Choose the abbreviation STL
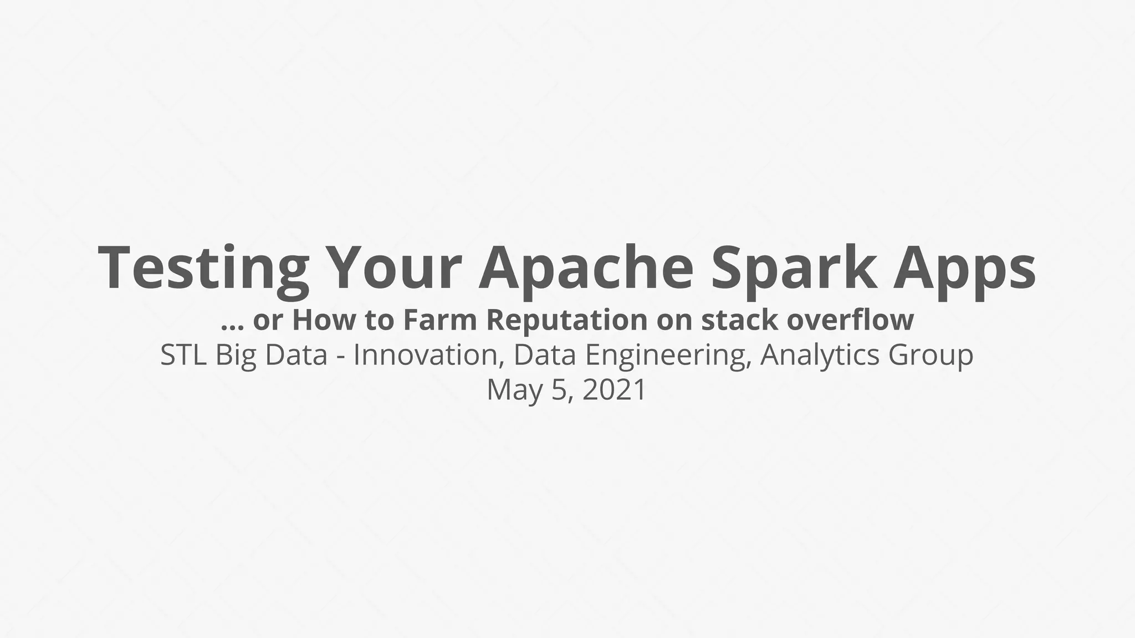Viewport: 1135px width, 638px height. pos(183,355)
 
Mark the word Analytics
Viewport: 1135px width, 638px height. pos(820,356)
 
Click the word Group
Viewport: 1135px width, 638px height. pos(931,356)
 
